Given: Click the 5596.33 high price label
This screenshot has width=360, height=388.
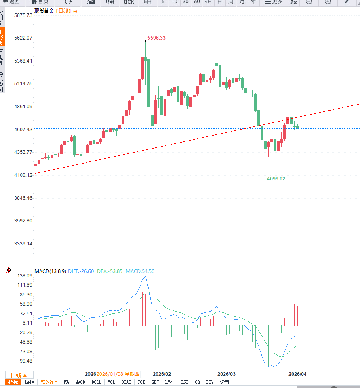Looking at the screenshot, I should pos(156,38).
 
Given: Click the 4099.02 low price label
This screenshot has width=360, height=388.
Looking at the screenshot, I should pos(276,178).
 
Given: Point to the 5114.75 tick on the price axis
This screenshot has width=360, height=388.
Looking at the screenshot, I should pos(17,84).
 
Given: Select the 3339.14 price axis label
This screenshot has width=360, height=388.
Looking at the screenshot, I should pos(17,244).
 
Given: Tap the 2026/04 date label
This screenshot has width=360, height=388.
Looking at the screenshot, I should pos(297,374).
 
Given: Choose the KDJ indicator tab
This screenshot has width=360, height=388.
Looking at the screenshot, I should pos(155,382).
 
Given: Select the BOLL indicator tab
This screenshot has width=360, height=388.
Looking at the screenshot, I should pos(96,382).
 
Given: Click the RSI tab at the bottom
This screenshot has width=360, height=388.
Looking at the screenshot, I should pos(185,382).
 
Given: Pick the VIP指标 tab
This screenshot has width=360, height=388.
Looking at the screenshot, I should pos(49,382).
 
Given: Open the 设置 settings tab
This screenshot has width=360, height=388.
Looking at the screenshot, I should pos(225,382).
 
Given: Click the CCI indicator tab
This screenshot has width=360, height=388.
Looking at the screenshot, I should pos(141,382).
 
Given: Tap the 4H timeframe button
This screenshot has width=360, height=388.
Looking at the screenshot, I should pos(208,2).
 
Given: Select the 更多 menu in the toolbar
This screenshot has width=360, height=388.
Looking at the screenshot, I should pos(274,2).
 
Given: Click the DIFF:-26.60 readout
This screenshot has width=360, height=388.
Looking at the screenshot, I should pos(81,271).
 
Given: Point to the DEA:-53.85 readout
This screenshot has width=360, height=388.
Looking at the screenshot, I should pos(109,271).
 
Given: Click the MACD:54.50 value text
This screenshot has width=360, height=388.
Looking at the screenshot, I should pos(140,271).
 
